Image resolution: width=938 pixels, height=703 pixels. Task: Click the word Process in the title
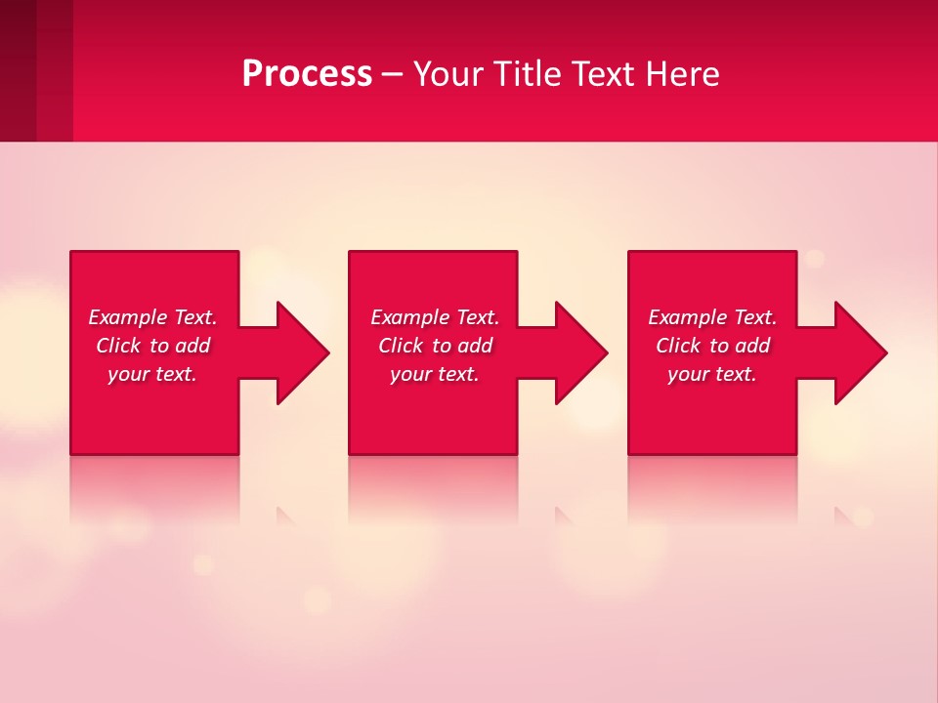[x=307, y=74]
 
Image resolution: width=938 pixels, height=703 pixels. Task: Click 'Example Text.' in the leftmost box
[x=152, y=317]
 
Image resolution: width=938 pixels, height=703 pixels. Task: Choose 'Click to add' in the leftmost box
[x=152, y=346]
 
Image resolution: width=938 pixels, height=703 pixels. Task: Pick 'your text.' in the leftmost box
[x=152, y=374]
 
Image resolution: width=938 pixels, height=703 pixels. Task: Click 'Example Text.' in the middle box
[x=435, y=317]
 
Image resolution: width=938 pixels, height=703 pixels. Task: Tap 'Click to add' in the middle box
[x=435, y=346]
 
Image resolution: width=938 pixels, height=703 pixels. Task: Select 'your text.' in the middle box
[x=435, y=374]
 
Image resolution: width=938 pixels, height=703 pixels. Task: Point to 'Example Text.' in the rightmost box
[x=712, y=317]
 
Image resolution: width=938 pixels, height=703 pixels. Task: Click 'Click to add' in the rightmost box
[x=712, y=346]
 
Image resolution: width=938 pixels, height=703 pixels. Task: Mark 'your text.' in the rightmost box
[x=712, y=374]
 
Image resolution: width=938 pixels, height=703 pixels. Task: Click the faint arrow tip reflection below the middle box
[x=563, y=516]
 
